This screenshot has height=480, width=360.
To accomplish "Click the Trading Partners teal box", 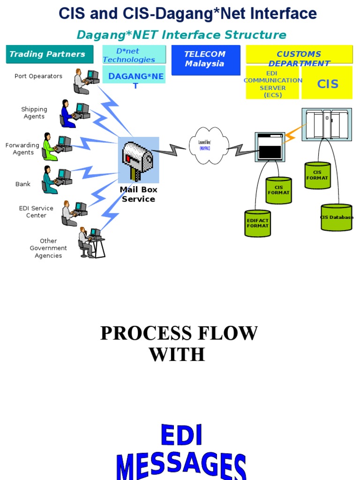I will pos(47,54).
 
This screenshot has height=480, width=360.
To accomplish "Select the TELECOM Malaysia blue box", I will pos(205,60).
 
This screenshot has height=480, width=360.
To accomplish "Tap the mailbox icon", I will pos(138,160).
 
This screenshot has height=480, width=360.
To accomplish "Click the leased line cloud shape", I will pos(209,145).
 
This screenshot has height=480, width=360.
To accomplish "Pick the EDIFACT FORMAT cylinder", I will pos(257,223).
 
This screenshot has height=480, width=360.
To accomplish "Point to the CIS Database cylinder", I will pos(337,217).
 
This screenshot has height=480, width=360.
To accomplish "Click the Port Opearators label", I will pos(38,76).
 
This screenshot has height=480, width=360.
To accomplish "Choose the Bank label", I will pos(23,184).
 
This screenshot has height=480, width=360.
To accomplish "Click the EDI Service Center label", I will pos(36,212).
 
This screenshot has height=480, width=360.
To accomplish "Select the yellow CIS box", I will pos(327,83).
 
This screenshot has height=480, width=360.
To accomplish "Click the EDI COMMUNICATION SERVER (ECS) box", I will pos(272,83).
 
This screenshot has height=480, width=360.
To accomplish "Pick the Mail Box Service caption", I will pos(138,194).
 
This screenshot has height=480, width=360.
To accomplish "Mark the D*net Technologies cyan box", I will pos(134,55).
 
